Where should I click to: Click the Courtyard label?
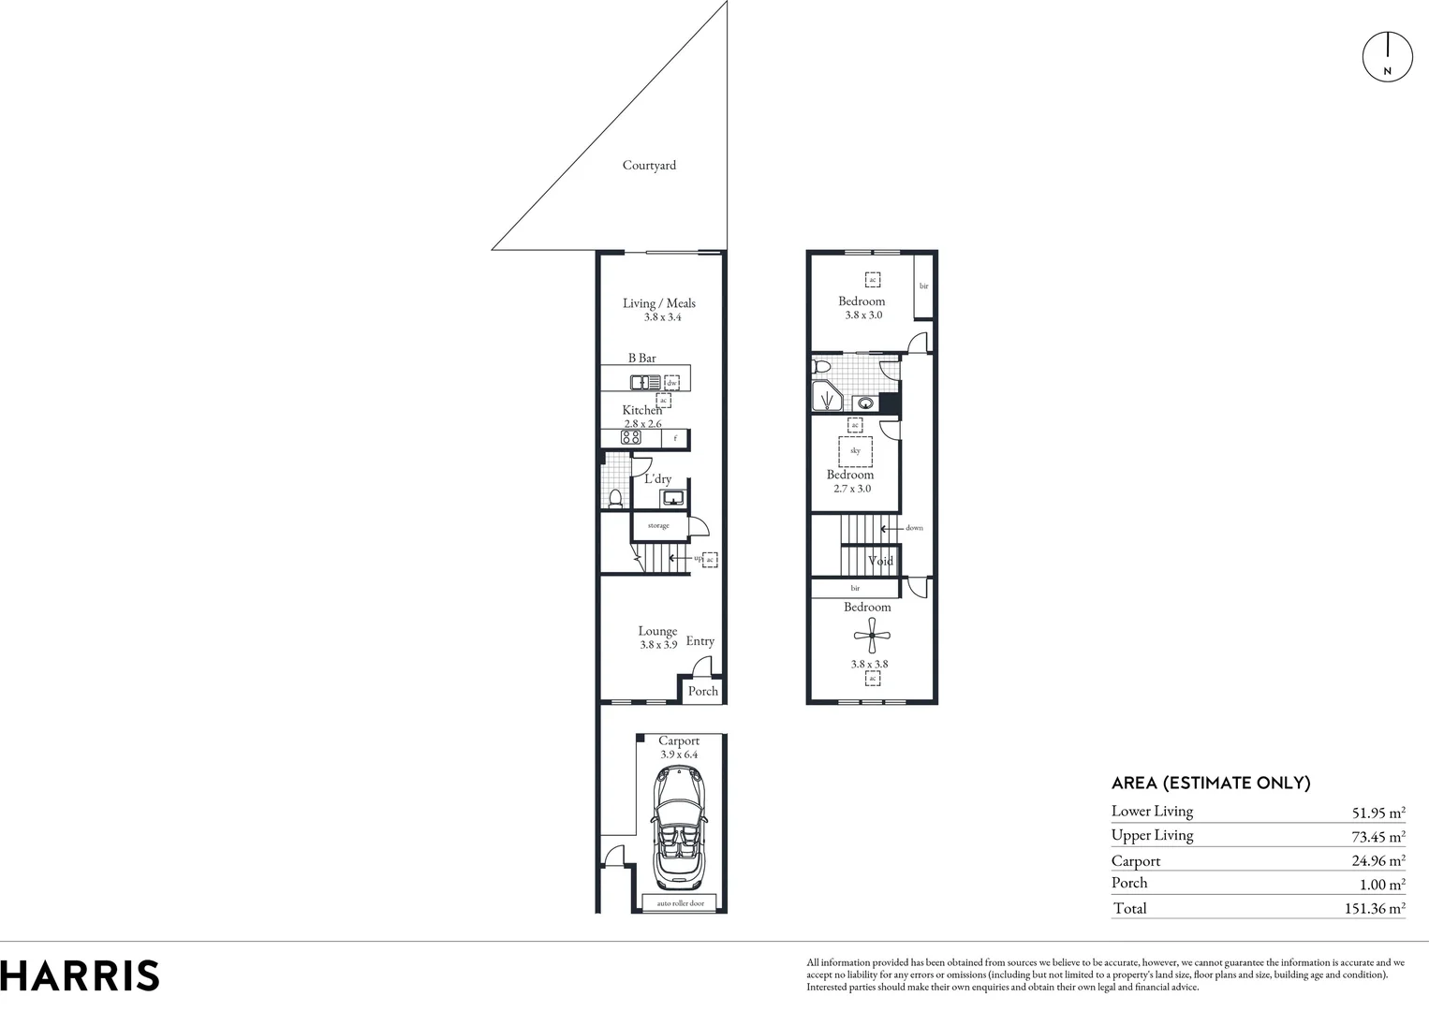(649, 166)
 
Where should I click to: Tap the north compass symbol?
(1387, 55)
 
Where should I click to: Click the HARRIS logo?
(80, 975)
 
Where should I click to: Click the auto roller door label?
(680, 903)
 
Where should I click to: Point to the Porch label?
(702, 691)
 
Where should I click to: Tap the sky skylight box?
(855, 451)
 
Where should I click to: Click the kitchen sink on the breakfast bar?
(645, 382)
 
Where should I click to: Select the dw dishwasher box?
(671, 383)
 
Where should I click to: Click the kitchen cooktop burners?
(631, 437)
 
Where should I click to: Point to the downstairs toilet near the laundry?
(615, 497)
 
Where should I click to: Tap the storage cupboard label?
(658, 526)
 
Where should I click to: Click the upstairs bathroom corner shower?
(826, 397)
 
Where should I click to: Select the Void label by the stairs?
(880, 561)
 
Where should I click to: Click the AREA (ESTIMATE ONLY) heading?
(1210, 784)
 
